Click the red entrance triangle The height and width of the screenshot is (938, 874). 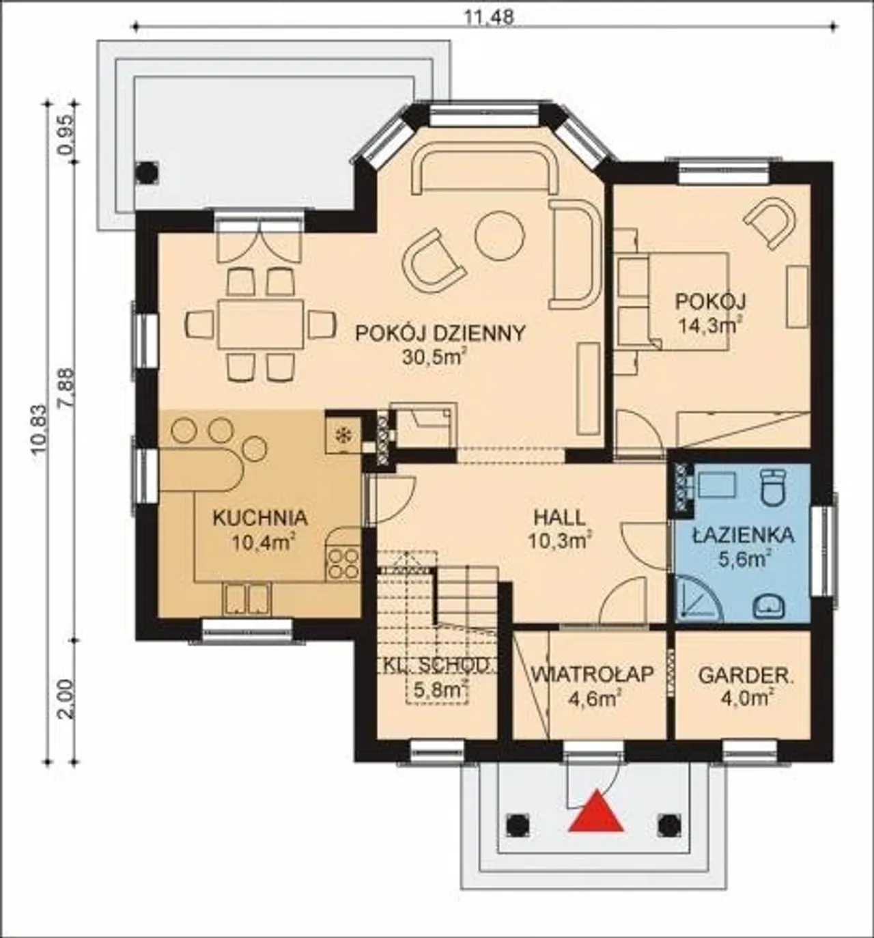pyautogui.click(x=597, y=812)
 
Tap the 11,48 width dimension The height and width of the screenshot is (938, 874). pyautogui.click(x=490, y=17)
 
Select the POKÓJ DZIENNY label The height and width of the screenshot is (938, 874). pyautogui.click(x=440, y=333)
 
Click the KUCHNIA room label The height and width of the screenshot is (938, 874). pyautogui.click(x=261, y=518)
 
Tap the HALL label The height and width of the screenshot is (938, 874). pyautogui.click(x=559, y=518)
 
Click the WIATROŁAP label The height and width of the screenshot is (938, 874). pyautogui.click(x=593, y=674)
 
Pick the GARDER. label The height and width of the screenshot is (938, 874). pyautogui.click(x=746, y=676)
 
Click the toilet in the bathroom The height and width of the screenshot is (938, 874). pyautogui.click(x=773, y=486)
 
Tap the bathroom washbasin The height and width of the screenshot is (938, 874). pyautogui.click(x=769, y=607)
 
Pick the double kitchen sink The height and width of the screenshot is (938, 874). pyautogui.click(x=247, y=599)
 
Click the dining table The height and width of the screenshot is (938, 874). pyautogui.click(x=261, y=324)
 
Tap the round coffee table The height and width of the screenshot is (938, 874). pyautogui.click(x=500, y=235)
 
